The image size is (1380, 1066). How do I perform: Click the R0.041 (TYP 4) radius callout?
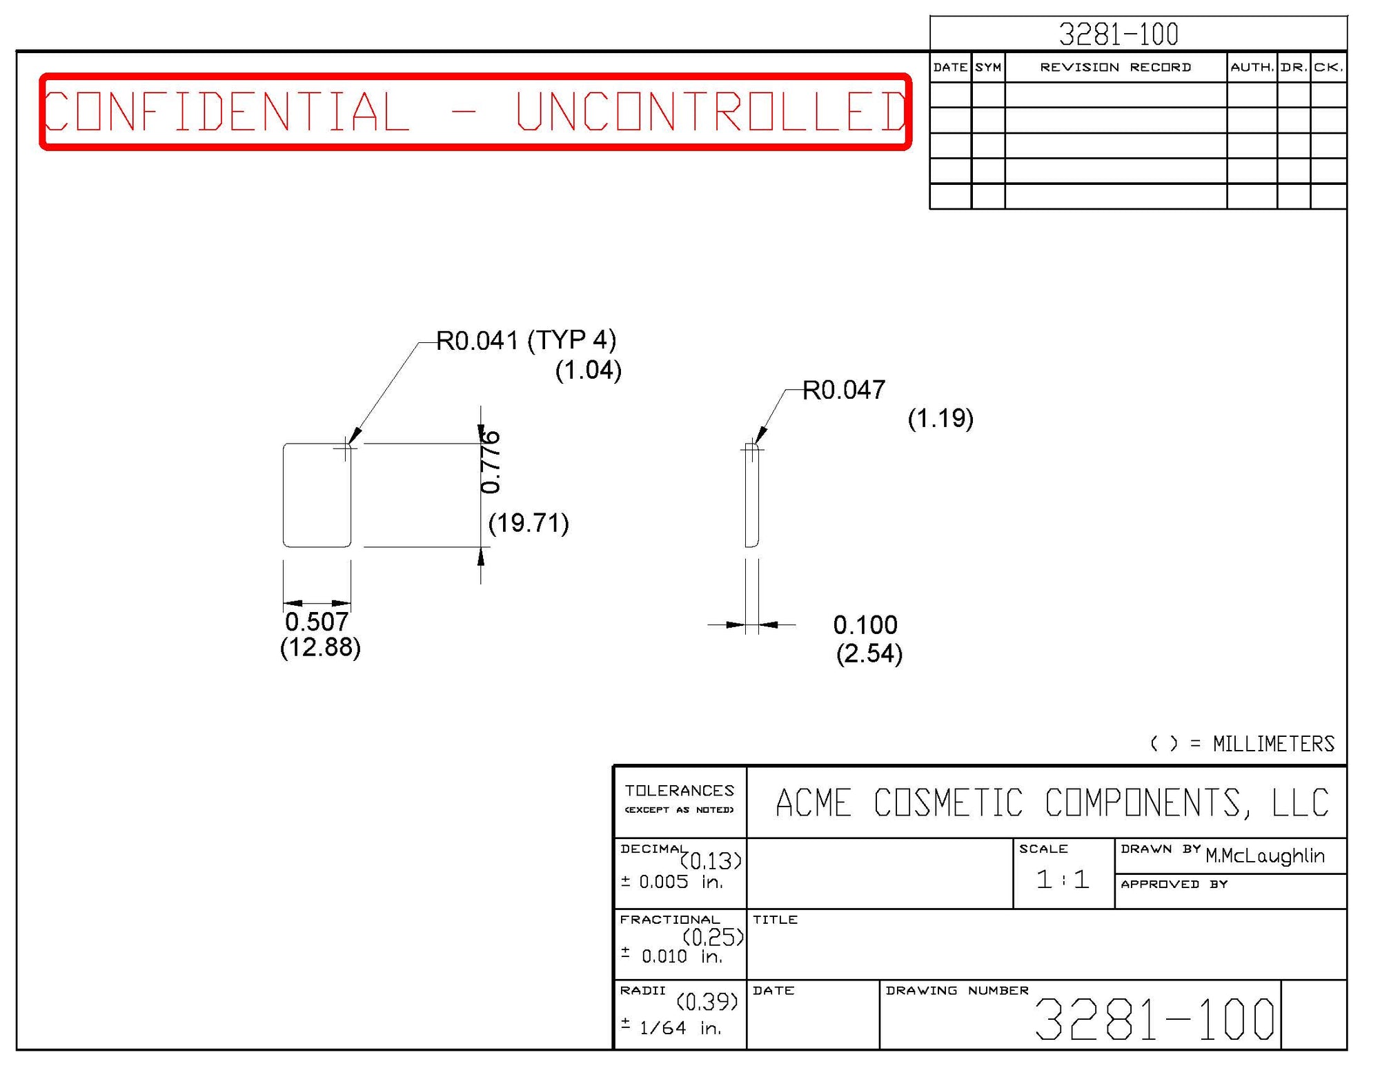point(526,340)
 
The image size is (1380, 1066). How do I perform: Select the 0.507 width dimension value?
point(317,622)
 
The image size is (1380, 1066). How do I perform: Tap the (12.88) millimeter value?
point(320,647)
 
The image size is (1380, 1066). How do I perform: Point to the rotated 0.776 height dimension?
point(491,462)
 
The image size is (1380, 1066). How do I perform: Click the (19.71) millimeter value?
point(529,523)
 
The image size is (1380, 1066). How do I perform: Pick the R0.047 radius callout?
point(844,391)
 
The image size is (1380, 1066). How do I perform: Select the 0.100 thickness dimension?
point(865,625)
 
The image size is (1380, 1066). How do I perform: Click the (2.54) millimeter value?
point(869,653)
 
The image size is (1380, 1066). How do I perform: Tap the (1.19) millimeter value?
point(940,418)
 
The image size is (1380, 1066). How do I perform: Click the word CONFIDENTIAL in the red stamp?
point(226,111)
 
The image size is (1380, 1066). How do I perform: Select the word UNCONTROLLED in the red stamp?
point(711,111)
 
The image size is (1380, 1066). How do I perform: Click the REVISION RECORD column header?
point(1115,67)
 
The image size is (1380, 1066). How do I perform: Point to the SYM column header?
point(988,67)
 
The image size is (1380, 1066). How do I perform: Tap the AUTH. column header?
point(1252,67)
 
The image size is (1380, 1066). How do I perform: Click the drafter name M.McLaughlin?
point(1265,856)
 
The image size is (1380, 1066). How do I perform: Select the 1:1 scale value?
point(1063,880)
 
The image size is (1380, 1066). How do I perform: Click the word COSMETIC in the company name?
point(948,803)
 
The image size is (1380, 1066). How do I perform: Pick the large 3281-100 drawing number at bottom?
point(1154,1019)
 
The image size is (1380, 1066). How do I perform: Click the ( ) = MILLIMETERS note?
point(1242,744)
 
